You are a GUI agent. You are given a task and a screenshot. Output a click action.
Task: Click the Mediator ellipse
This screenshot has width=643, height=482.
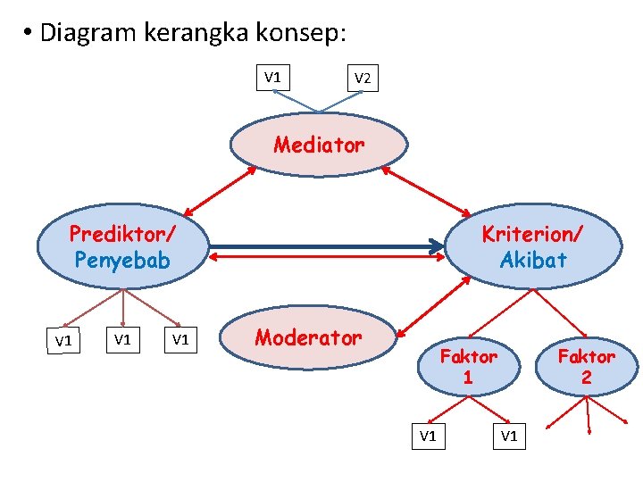pos(319,145)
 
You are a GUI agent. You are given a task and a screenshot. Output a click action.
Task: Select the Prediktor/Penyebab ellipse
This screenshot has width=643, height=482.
pos(122,247)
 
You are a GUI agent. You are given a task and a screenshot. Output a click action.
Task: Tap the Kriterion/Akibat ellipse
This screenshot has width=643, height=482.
pos(532,247)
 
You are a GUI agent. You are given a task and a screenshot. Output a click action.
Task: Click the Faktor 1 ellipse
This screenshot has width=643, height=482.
pos(468,366)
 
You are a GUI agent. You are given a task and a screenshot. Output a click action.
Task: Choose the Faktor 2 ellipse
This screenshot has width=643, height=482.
pos(586,366)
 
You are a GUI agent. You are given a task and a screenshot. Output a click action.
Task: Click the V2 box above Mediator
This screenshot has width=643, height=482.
pos(363,79)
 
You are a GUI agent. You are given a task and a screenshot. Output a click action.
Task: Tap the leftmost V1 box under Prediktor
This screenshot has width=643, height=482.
pos(63,341)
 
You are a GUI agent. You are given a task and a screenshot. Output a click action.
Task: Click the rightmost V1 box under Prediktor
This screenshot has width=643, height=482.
pos(180,339)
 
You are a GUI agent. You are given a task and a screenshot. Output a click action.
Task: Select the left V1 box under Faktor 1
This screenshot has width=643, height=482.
pos(428,436)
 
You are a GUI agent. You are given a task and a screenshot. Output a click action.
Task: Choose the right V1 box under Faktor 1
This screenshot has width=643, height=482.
pos(509,436)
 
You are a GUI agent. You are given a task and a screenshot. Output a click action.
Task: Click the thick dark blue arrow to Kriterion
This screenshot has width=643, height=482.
pos(326,245)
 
